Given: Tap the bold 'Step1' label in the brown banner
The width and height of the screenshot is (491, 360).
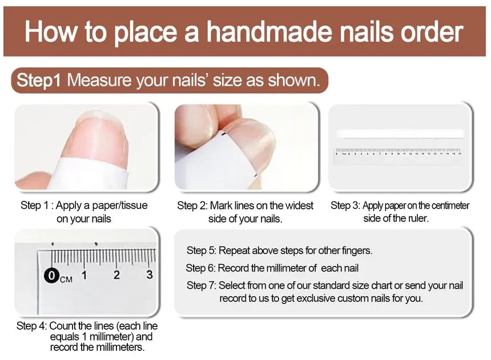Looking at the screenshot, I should coord(38,80).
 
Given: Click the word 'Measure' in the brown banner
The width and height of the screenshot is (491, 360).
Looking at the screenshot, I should coord(99,80).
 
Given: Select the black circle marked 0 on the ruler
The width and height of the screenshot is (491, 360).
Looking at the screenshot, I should coord(52,276).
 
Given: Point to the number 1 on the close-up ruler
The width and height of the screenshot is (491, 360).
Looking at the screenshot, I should coord(84,275).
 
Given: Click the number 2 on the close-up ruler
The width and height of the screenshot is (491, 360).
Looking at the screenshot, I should coord(116,275).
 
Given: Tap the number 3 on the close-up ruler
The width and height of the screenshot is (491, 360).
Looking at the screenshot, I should coord(149,275).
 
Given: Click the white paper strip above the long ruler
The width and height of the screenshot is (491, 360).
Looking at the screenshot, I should coord(400,134).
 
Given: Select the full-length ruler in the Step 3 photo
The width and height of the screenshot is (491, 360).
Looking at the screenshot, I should coord(399,153).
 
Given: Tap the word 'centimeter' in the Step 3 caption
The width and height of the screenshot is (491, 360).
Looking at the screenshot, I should coord(447,205).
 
